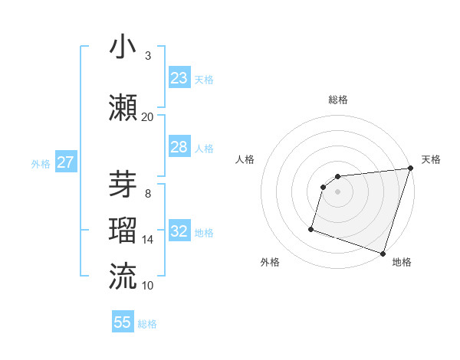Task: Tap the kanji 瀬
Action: tap(123, 106)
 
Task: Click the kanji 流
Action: tap(123, 275)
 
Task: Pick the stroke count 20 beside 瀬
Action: tap(148, 116)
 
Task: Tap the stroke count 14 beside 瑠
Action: tap(148, 240)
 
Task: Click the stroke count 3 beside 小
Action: tap(148, 56)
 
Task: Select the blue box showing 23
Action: tap(179, 77)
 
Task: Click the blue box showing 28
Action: tap(179, 146)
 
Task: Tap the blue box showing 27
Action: tap(65, 162)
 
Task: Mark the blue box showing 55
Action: tap(123, 322)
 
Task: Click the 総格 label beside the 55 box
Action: tap(147, 324)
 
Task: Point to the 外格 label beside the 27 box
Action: tap(41, 163)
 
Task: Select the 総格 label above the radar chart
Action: tap(337, 100)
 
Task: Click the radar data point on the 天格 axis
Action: tap(410, 169)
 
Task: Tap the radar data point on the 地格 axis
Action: tap(383, 253)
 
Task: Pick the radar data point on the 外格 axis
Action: tap(311, 228)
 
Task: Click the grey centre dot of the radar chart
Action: tap(337, 192)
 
